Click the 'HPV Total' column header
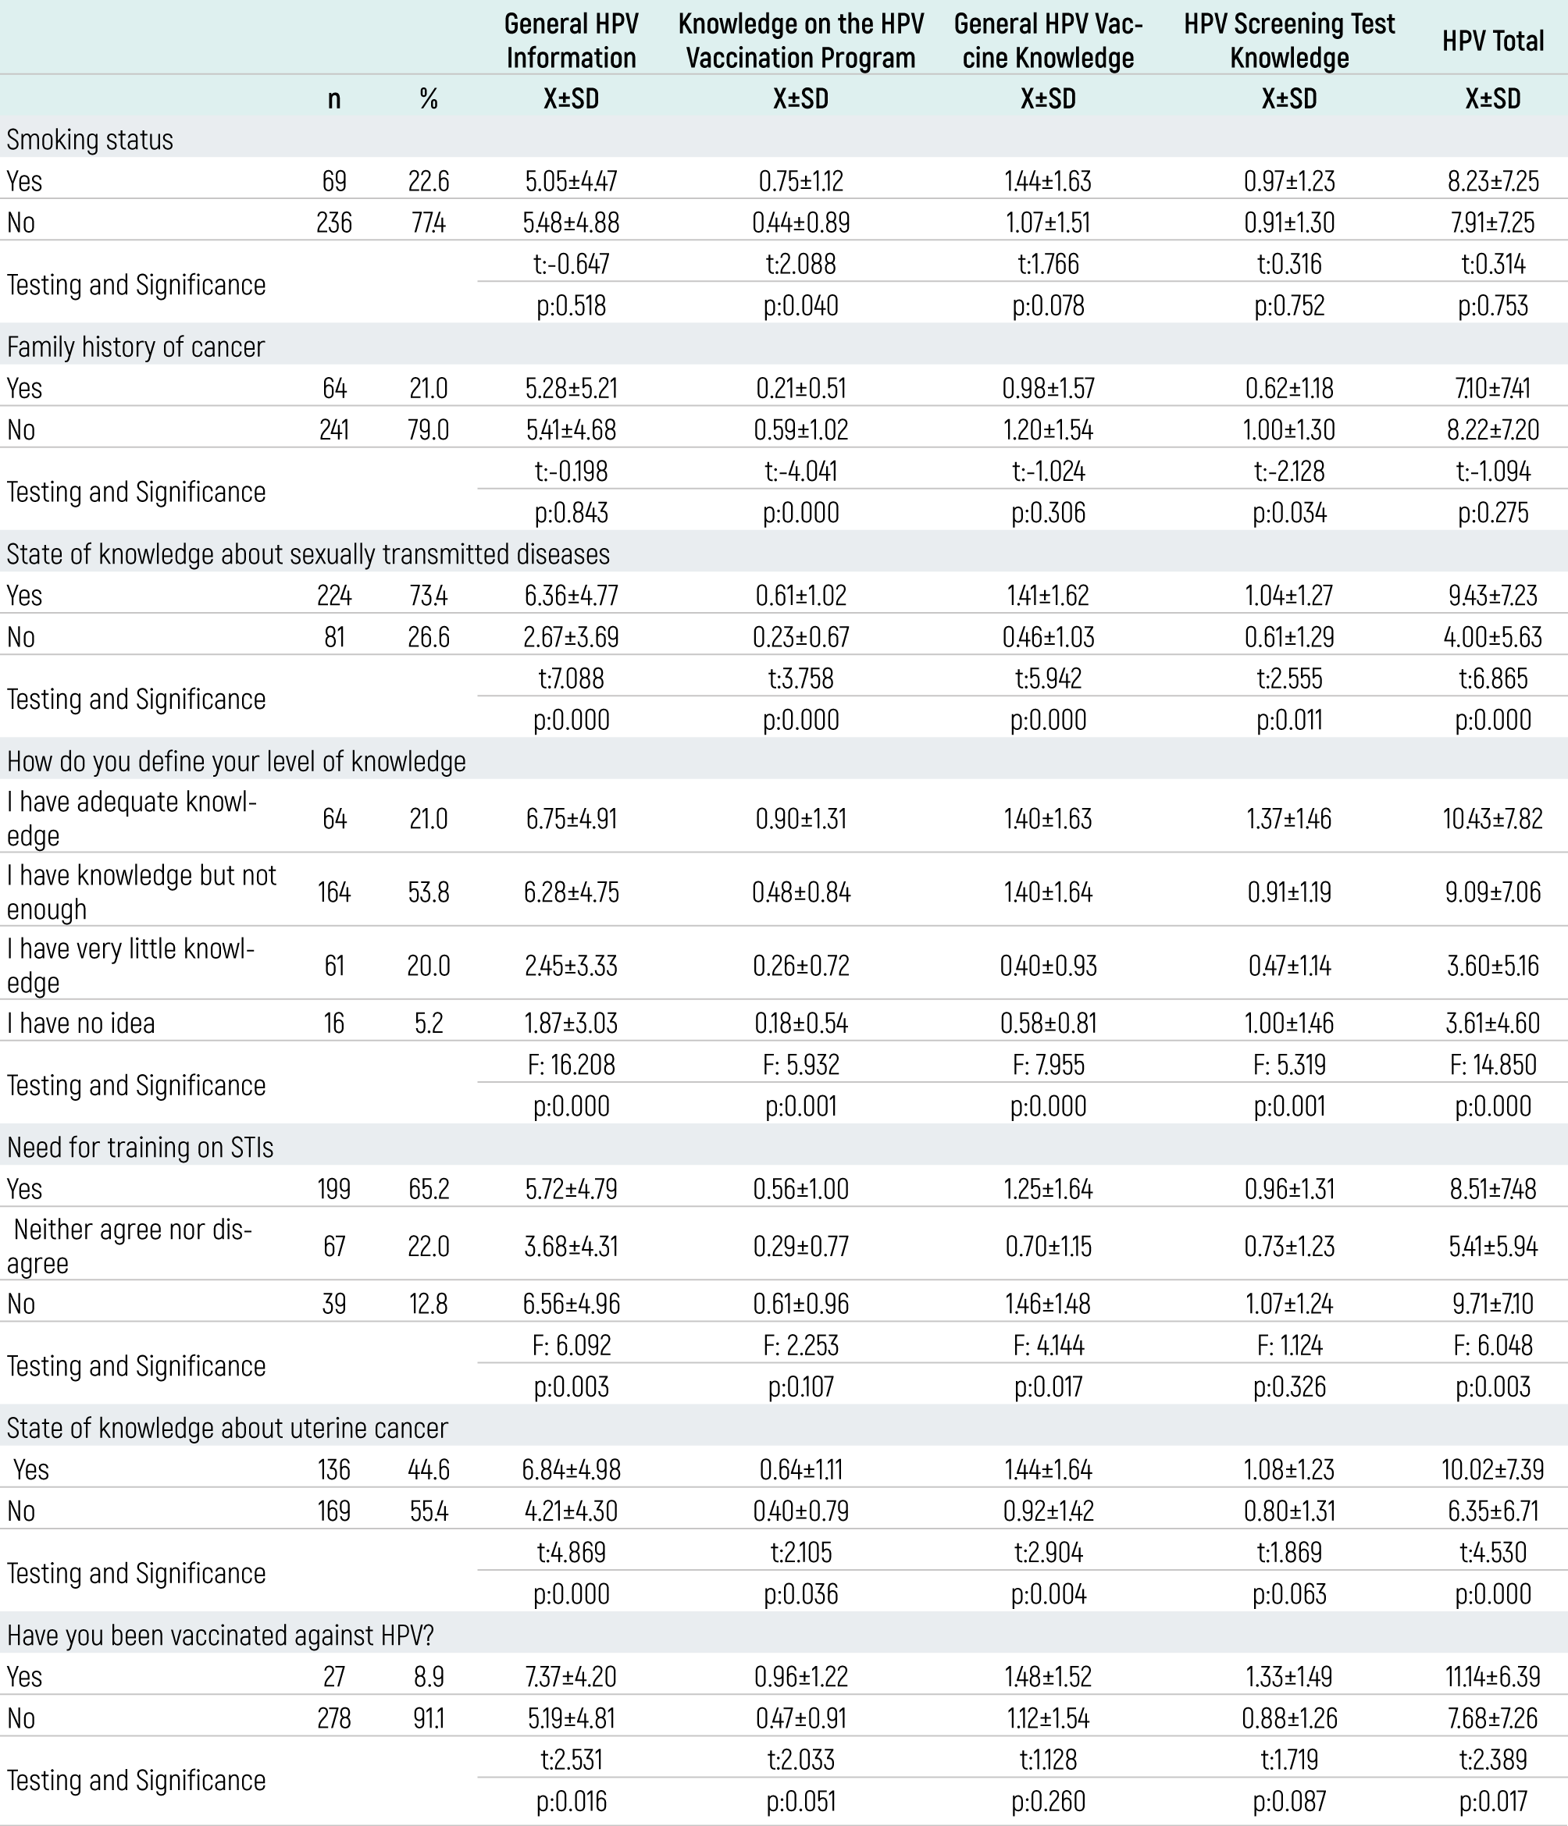(x=1492, y=41)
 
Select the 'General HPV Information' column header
(x=571, y=41)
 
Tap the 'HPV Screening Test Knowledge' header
(x=1288, y=41)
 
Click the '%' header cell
(x=429, y=98)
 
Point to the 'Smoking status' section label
(x=90, y=139)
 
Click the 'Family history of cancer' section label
(x=136, y=347)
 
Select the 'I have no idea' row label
(x=81, y=1022)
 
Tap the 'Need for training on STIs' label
(x=140, y=1147)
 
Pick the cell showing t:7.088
(x=571, y=678)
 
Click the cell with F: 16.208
(x=571, y=1064)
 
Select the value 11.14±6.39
(x=1492, y=1675)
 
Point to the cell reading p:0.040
(x=800, y=305)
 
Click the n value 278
(x=333, y=1717)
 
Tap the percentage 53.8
(x=429, y=892)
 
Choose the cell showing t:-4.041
(x=800, y=471)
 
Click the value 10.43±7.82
(x=1492, y=819)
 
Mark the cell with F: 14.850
(x=1492, y=1064)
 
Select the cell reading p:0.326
(x=1288, y=1386)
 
